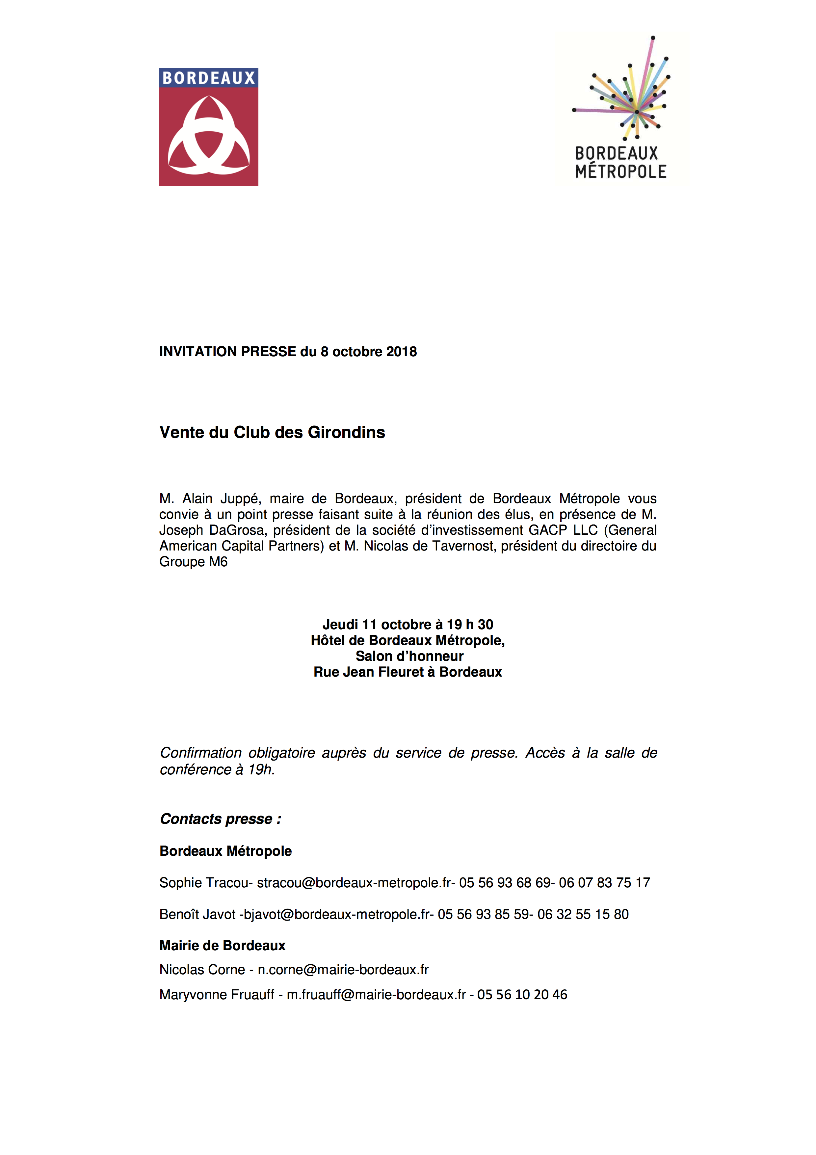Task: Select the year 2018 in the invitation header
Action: [402, 352]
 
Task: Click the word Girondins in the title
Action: [346, 432]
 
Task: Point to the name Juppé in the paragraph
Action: [240, 498]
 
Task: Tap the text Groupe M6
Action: [194, 562]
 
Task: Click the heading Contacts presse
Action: [220, 819]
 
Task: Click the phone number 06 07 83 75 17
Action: [604, 883]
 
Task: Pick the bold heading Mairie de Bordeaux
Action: [222, 945]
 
